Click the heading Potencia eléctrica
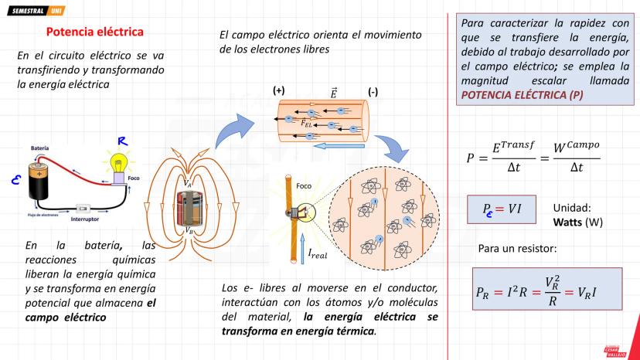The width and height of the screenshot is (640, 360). pos(94,32)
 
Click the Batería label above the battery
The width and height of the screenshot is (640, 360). pos(40,148)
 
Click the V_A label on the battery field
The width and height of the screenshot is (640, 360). pos(189,183)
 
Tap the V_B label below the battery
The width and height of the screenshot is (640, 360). pos(189,229)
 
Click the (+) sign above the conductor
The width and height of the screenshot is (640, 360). pos(279,91)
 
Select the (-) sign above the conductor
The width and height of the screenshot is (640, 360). pos(373,91)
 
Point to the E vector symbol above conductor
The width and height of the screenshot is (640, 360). pos(333,92)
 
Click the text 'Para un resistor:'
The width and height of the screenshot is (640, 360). pos(516,249)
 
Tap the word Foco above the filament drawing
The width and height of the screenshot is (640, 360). pos(304,185)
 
